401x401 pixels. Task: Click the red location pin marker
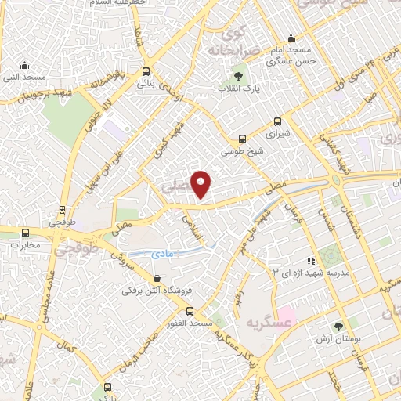tap(202, 183)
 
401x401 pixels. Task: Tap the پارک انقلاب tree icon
tap(238, 76)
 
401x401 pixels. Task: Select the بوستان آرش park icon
tap(338, 327)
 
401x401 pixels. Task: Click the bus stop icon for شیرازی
tap(276, 121)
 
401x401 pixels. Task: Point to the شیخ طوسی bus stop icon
tap(242, 139)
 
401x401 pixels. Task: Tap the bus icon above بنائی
tap(146, 70)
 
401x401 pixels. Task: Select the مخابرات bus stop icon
tap(26, 233)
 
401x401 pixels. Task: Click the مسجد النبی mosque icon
tap(25, 65)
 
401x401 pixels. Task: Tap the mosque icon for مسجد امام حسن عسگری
tap(291, 38)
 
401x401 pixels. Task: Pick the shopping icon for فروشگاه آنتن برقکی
tap(157, 278)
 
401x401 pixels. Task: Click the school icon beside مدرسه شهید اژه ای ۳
tap(311, 260)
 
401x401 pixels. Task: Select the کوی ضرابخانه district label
tap(233, 43)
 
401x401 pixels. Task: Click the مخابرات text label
tap(26, 245)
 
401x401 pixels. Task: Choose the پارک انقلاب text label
tap(238, 90)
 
